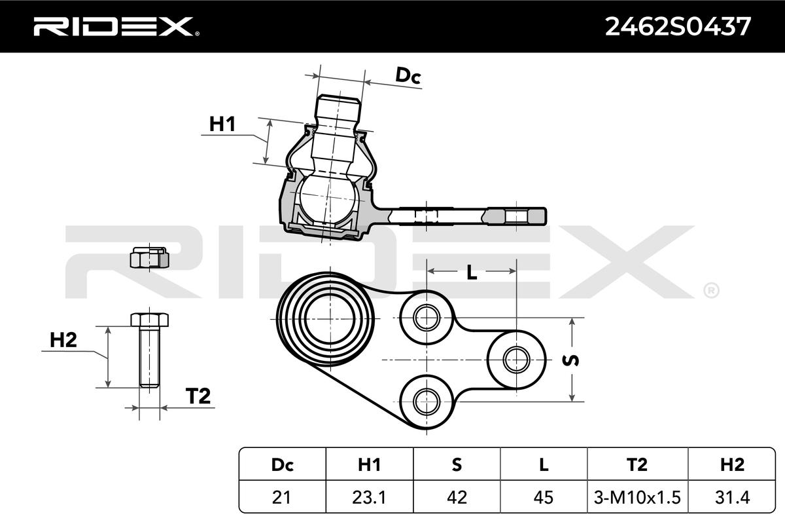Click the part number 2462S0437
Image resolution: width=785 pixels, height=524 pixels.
coord(678,26)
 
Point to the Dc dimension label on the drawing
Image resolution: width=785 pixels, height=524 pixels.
coord(408,76)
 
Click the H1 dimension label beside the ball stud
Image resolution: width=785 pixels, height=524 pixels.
coord(222,123)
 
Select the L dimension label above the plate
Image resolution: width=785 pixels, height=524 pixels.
coord(472,273)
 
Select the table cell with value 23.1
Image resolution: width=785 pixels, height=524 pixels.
coord(369,497)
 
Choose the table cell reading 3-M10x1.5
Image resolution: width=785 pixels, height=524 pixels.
coord(637,497)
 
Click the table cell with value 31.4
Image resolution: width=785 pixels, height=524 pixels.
coord(731,497)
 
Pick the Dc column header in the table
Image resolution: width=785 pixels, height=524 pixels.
coord(281,464)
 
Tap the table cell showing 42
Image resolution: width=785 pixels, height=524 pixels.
coord(457,497)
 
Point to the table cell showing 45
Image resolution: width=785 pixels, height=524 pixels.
coord(544,497)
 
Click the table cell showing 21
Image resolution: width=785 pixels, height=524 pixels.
coord(281,497)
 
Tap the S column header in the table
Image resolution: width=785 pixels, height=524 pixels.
coord(457,464)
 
